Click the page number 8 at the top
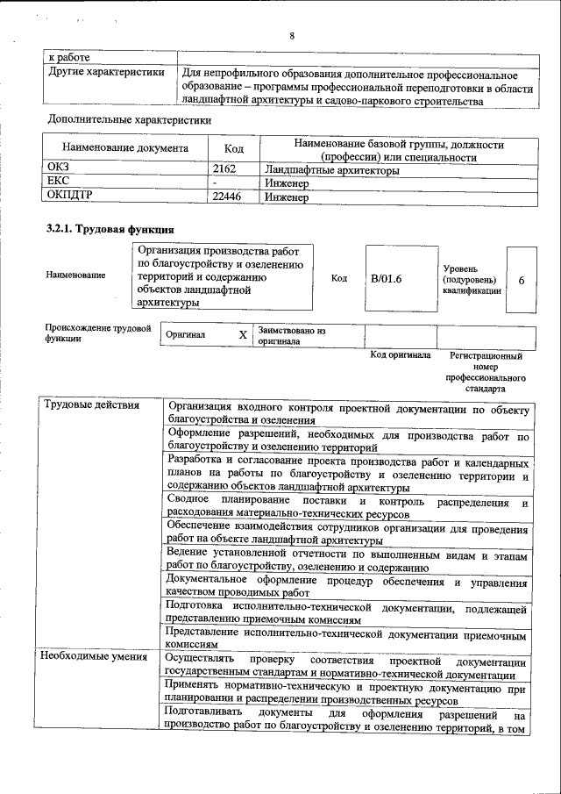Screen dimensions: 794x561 pyautogui.click(x=291, y=36)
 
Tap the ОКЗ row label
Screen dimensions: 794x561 pyautogui.click(x=59, y=170)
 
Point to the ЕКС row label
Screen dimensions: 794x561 pyautogui.click(x=58, y=183)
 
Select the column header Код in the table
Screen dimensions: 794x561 pyautogui.click(x=233, y=149)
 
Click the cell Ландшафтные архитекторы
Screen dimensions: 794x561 pyautogui.click(x=331, y=170)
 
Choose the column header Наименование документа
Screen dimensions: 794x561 pyautogui.click(x=125, y=149)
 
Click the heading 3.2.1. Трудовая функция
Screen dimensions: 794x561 pyautogui.click(x=103, y=229)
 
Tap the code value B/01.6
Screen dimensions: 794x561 pyautogui.click(x=386, y=278)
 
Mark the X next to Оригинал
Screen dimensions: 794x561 pyautogui.click(x=243, y=335)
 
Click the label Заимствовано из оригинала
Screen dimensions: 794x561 pyautogui.click(x=291, y=336)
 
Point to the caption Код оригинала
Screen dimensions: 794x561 pyautogui.click(x=400, y=355)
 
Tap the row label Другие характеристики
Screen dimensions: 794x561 pyautogui.click(x=106, y=73)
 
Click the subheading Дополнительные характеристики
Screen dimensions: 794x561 pyautogui.click(x=130, y=118)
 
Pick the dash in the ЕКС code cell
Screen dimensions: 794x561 pyautogui.click(x=216, y=183)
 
